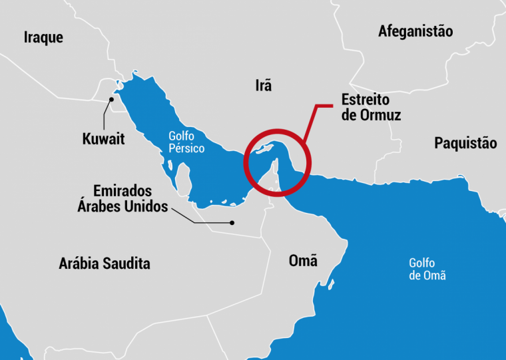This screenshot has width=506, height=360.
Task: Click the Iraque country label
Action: click(x=43, y=37)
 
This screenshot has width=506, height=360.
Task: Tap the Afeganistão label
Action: click(x=415, y=31)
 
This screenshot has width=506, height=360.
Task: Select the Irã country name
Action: click(x=264, y=85)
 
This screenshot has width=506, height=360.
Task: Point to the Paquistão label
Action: click(x=465, y=142)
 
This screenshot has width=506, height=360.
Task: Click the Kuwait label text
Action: click(x=103, y=139)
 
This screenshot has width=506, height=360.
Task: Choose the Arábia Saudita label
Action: click(x=105, y=264)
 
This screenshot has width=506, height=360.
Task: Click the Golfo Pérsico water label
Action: click(x=186, y=142)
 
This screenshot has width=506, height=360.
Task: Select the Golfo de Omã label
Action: click(x=427, y=269)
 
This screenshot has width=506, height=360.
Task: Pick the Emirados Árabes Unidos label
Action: click(x=123, y=198)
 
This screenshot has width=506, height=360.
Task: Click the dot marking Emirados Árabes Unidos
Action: click(x=232, y=222)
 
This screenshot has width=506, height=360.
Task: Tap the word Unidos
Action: click(x=146, y=206)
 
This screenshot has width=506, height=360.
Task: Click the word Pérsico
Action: click(x=186, y=149)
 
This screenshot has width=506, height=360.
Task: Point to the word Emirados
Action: click(x=123, y=190)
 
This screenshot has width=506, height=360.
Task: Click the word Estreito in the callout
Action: click(x=366, y=99)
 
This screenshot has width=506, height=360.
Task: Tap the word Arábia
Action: click(x=79, y=264)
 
